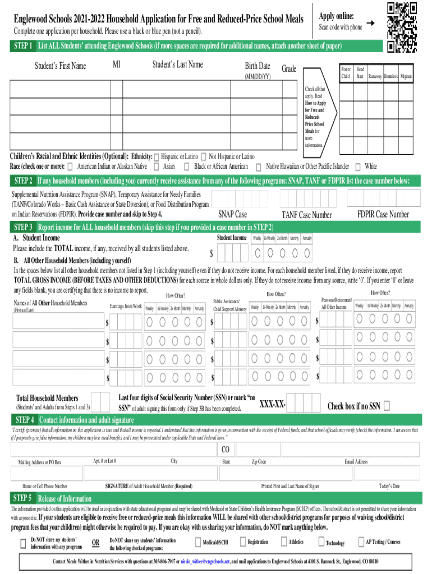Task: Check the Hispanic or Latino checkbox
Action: pyautogui.click(x=157, y=156)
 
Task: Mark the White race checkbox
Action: pyautogui.click(x=357, y=166)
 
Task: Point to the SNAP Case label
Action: pyautogui.click(x=232, y=214)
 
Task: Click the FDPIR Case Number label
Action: pyautogui.click(x=383, y=214)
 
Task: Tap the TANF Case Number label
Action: pyautogui.click(x=306, y=215)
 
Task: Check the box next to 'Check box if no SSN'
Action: pyautogui.click(x=387, y=406)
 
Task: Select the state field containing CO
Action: pyautogui.click(x=226, y=450)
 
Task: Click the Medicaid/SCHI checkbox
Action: pyautogui.click(x=198, y=542)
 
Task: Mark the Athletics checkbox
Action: pyautogui.click(x=284, y=542)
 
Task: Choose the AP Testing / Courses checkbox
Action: pyautogui.click(x=361, y=542)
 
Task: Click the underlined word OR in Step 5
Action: pyautogui.click(x=96, y=543)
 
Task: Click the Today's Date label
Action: pyautogui.click(x=389, y=486)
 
